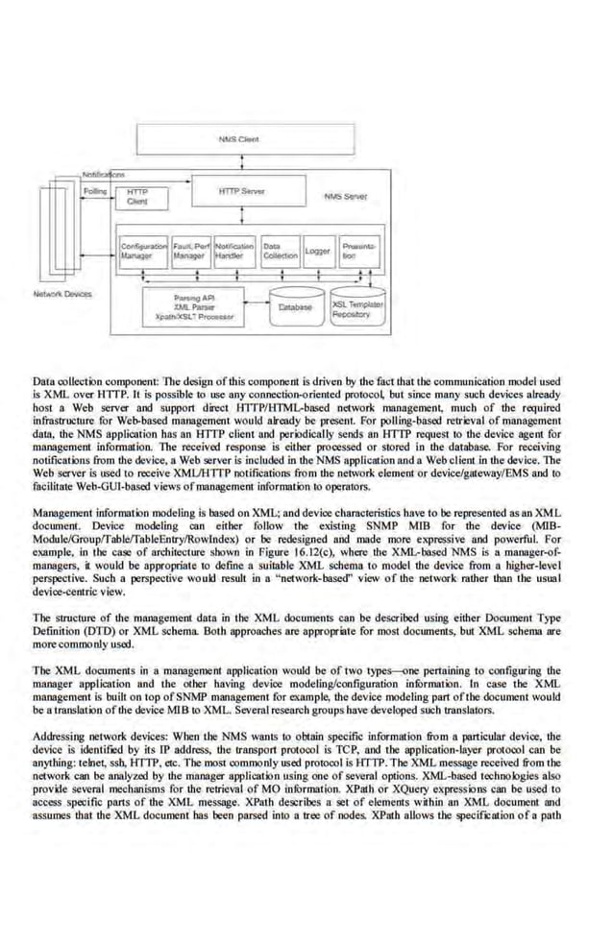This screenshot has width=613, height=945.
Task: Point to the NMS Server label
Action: click(346, 197)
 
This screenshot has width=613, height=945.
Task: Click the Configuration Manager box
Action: click(143, 252)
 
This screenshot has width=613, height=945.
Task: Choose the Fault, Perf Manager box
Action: click(191, 252)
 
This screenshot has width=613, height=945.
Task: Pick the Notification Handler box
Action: click(233, 252)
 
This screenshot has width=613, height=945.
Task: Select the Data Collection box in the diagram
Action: click(280, 252)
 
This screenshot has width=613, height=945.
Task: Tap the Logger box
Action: click(318, 252)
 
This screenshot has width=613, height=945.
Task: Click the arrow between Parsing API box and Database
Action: click(257, 306)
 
